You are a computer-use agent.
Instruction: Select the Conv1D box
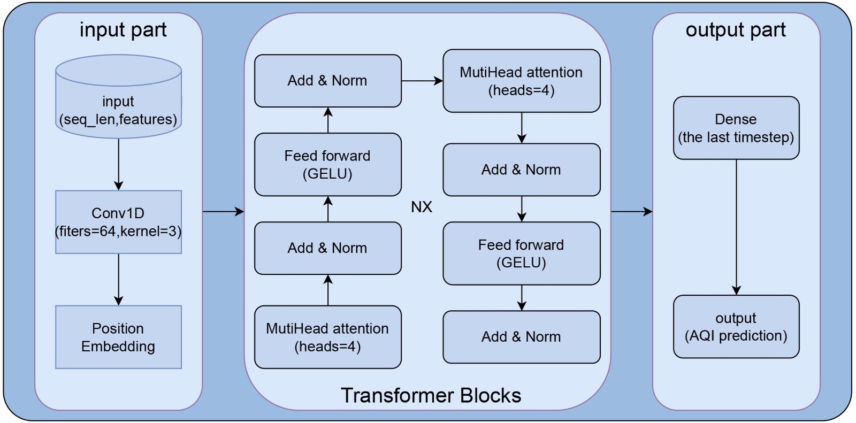[x=118, y=222]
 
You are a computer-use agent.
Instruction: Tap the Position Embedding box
[x=118, y=337]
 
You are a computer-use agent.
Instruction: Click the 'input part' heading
[x=123, y=30]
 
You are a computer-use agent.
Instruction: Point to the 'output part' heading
[x=736, y=30]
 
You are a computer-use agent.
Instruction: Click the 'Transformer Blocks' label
[x=431, y=395]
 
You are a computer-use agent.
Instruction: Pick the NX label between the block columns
[x=422, y=207]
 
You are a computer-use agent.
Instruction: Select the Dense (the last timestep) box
[x=736, y=128]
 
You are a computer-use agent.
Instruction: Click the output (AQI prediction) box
[x=736, y=326]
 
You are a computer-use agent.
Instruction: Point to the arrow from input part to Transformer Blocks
[x=223, y=212]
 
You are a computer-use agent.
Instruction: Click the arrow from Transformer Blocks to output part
[x=631, y=212]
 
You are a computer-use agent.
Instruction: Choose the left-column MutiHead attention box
[x=327, y=337]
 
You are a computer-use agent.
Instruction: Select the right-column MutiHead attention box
[x=521, y=81]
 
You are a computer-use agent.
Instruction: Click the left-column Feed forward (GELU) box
[x=327, y=164]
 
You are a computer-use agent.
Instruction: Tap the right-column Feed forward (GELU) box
[x=521, y=253]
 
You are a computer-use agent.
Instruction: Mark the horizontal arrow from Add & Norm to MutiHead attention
[x=422, y=81]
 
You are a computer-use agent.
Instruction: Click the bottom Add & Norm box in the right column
[x=521, y=337]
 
